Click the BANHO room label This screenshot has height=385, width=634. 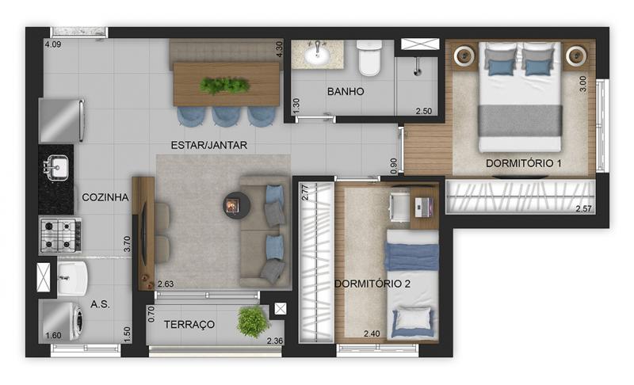click(x=346, y=91)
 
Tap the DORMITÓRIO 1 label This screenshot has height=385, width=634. click(x=523, y=163)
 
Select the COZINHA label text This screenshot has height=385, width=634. click(x=105, y=197)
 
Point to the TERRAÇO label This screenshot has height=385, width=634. click(x=189, y=325)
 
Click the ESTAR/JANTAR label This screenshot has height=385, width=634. click(x=208, y=145)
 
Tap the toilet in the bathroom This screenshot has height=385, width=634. click(x=369, y=57)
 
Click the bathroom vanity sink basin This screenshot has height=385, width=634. click(x=318, y=55)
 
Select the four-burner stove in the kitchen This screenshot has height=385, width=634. click(x=61, y=234)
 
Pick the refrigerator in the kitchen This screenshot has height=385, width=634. click(x=62, y=120)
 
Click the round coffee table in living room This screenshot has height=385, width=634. click(x=236, y=205)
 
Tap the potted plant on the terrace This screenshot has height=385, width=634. click(x=252, y=321)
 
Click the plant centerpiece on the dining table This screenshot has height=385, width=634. click(x=223, y=86)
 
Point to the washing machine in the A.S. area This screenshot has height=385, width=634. click(x=61, y=321)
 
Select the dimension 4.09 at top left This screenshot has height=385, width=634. click(x=53, y=44)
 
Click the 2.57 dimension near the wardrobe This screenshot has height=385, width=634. click(x=583, y=208)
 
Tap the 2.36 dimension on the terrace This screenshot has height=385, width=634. click(x=274, y=341)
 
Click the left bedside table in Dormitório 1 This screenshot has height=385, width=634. click(x=464, y=55)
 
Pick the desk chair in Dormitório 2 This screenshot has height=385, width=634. click(x=399, y=206)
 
